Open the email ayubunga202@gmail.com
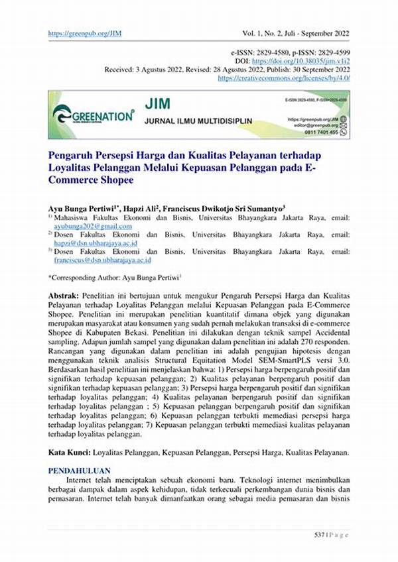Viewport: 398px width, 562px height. pyautogui.click(x=93, y=226)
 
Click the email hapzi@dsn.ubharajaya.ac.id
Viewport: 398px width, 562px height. pyautogui.click(x=95, y=243)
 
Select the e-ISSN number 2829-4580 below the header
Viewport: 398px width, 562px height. pyautogui.click(x=285, y=52)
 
